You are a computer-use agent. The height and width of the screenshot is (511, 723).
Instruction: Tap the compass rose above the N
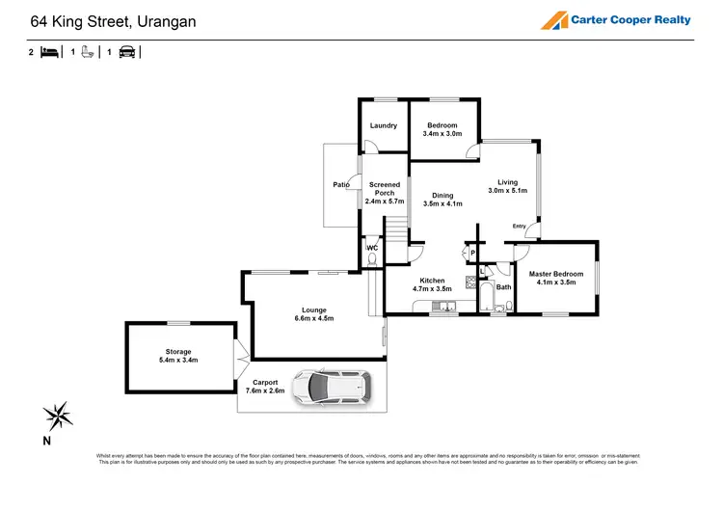(x=59, y=416)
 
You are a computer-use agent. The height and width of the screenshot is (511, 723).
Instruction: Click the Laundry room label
(x=384, y=126)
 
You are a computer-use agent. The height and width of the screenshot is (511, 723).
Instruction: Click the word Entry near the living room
(x=520, y=227)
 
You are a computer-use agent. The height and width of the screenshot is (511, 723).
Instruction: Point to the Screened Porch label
(x=383, y=193)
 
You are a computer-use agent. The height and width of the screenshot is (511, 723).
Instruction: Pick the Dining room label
(x=442, y=200)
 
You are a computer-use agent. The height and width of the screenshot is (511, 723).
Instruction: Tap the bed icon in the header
(x=49, y=53)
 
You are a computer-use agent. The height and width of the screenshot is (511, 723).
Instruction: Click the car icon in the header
(x=126, y=53)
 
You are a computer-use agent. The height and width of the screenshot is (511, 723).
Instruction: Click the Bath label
(x=503, y=286)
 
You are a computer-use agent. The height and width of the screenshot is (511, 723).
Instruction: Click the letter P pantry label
(x=472, y=254)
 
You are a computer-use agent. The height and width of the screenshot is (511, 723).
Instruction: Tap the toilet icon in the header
(x=87, y=53)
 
